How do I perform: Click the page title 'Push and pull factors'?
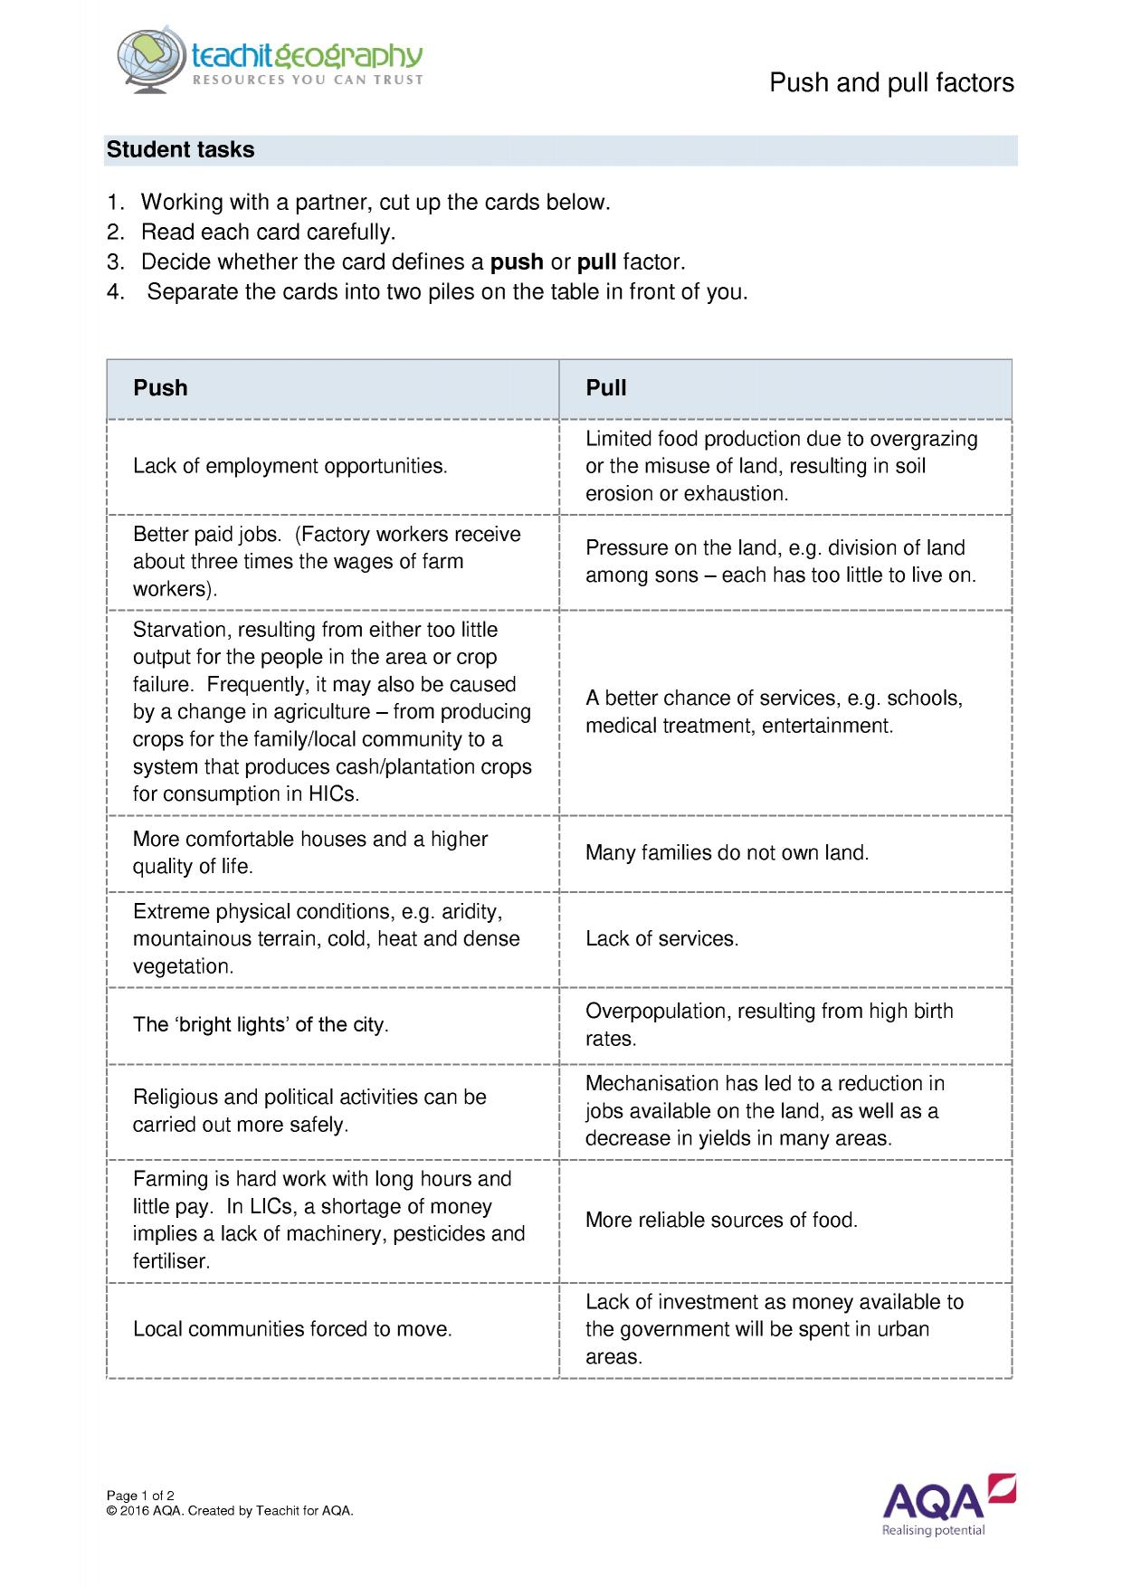pyautogui.click(x=890, y=83)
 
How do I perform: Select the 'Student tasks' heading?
pyautogui.click(x=180, y=150)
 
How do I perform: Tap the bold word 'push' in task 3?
pyautogui.click(x=516, y=262)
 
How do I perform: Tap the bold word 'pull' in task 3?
pyautogui.click(x=596, y=262)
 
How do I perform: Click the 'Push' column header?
pyautogui.click(x=160, y=388)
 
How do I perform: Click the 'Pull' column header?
pyautogui.click(x=605, y=388)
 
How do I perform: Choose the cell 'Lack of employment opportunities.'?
pyautogui.click(x=290, y=467)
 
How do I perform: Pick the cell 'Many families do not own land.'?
pyautogui.click(x=727, y=853)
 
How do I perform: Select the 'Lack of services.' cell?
pyautogui.click(x=661, y=939)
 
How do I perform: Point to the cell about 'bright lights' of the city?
pyautogui.click(x=261, y=1025)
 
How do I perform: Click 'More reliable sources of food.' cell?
pyautogui.click(x=721, y=1221)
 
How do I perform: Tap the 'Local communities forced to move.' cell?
pyautogui.click(x=291, y=1329)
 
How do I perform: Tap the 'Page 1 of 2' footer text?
pyautogui.click(x=140, y=1496)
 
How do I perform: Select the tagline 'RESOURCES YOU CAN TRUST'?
pyautogui.click(x=307, y=81)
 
